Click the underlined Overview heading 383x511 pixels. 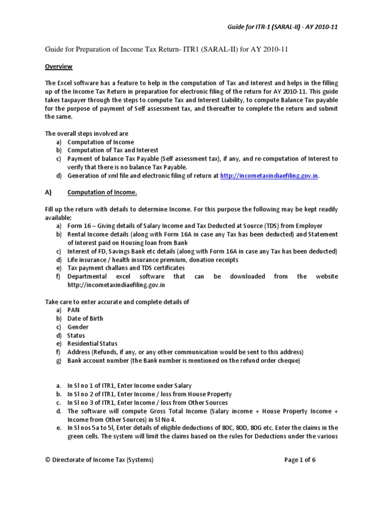click(59, 66)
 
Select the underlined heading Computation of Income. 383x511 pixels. click(102, 193)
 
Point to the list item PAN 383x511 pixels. click(73, 310)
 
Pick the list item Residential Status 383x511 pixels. click(92, 343)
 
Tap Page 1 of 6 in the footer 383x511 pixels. click(300, 460)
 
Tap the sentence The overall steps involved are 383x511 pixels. click(87, 134)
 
